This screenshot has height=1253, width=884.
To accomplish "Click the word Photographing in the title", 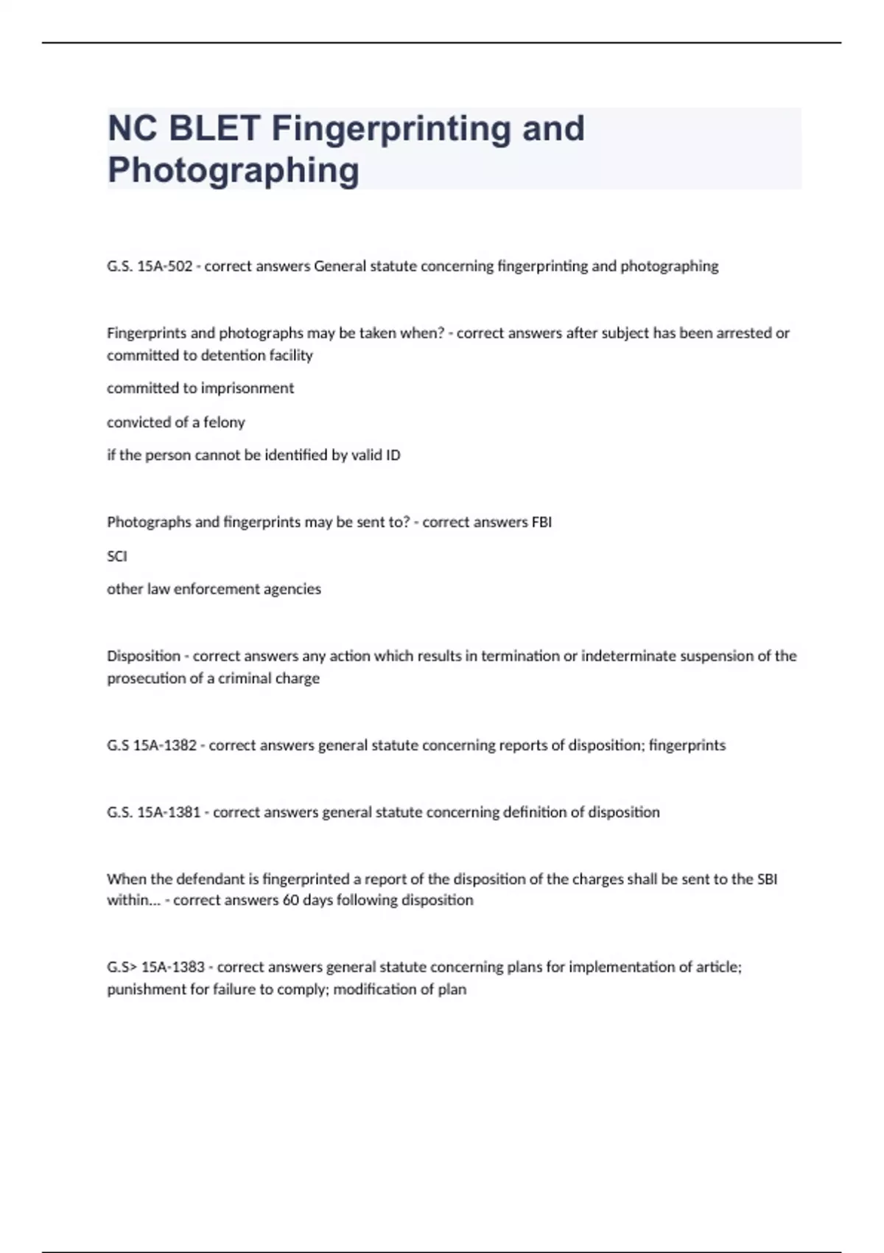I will coord(233,170).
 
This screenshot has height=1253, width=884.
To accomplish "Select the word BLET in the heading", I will coord(215,128).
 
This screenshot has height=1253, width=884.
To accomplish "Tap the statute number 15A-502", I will coord(164,266).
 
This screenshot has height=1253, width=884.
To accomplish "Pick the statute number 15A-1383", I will coord(172,967).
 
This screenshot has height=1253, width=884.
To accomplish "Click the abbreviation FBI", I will coord(541,523).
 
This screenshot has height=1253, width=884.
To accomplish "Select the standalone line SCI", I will coord(117,556).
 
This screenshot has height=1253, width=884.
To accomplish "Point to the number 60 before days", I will coord(290,900).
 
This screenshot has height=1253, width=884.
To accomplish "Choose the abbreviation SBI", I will coord(767,879).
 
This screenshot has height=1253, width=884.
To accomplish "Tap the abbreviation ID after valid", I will coord(393,456).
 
